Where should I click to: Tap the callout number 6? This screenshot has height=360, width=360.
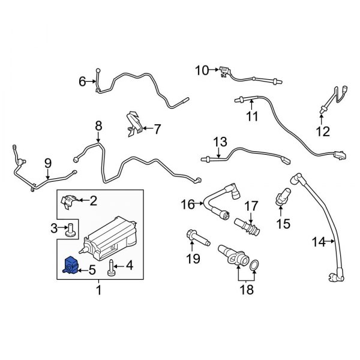coord(83,80)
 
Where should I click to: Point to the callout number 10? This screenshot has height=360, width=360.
coord(200,71)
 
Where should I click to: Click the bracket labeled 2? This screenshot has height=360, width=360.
coord(70,200)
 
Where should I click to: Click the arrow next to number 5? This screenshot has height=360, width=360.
coord(84,270)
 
